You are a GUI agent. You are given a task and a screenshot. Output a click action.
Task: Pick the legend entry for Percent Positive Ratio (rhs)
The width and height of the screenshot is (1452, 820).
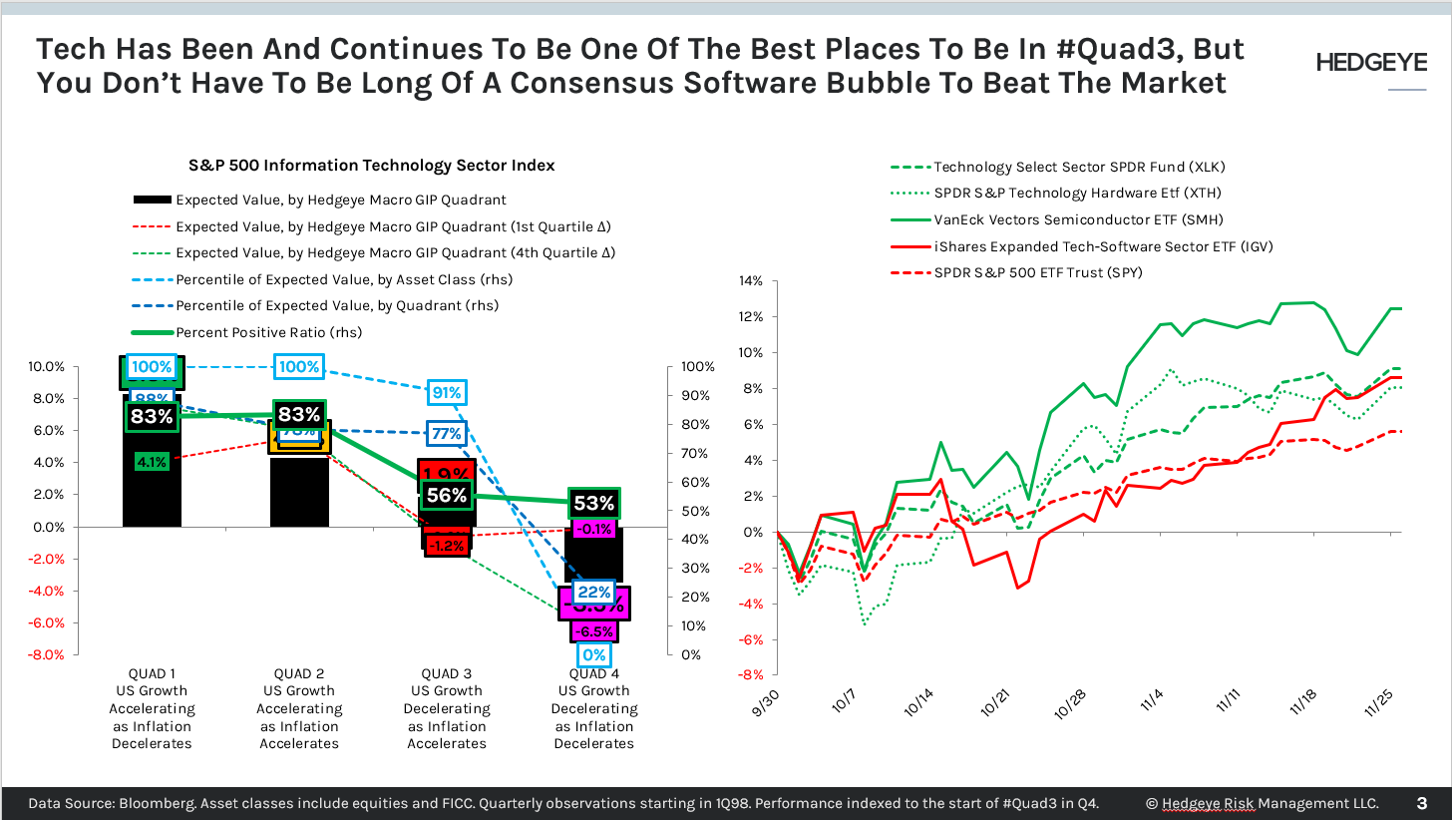click(x=267, y=332)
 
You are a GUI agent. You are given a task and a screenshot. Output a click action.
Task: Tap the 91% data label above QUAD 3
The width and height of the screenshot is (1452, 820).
click(x=446, y=393)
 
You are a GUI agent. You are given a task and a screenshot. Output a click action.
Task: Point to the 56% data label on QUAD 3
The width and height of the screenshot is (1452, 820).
click(x=446, y=496)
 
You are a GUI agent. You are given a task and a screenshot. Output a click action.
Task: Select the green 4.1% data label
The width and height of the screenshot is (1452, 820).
click(x=151, y=462)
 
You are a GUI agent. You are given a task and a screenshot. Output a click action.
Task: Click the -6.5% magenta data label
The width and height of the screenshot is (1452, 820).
click(x=593, y=630)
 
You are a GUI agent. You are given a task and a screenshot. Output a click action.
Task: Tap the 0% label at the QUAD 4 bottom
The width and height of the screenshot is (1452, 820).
click(x=593, y=655)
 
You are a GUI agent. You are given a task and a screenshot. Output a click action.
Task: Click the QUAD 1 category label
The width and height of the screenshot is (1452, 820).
click(x=152, y=673)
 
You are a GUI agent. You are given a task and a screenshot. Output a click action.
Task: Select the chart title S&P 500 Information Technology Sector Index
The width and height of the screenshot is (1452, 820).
click(x=372, y=165)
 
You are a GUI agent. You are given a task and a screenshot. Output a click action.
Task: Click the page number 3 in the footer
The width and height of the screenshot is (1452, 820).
click(x=1421, y=803)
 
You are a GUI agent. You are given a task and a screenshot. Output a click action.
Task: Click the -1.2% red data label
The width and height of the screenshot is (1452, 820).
click(x=446, y=545)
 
